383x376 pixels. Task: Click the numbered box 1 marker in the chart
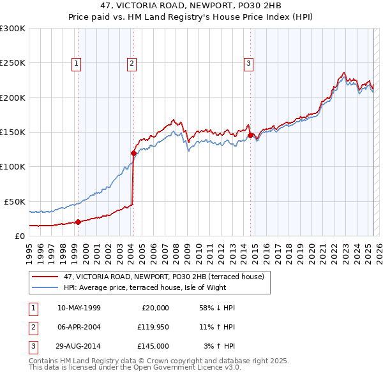pos(76,63)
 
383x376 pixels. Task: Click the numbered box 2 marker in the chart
pos(131,63)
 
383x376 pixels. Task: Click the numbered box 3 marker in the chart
pos(248,63)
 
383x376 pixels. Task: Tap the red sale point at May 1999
pos(78,222)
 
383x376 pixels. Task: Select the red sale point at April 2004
pos(133,153)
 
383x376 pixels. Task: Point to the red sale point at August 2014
pos(250,135)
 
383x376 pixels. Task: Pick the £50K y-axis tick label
pos(15,201)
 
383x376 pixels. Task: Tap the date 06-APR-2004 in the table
pos(79,327)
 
